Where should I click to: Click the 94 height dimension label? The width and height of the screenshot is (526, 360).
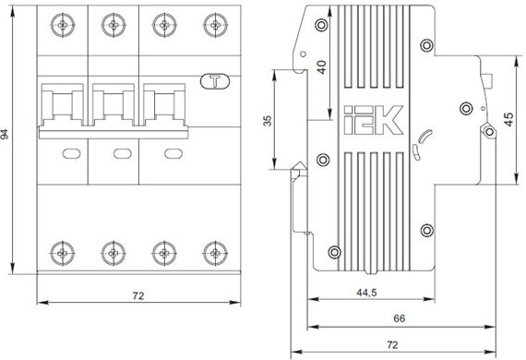click(x=4, y=134)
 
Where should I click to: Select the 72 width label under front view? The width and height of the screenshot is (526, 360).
click(x=138, y=295)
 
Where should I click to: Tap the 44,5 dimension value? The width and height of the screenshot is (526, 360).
click(x=366, y=293)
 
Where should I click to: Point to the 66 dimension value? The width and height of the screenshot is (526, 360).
click(x=400, y=318)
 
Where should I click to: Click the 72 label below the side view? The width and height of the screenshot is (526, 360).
click(x=392, y=345)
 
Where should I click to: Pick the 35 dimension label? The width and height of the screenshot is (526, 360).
click(x=268, y=121)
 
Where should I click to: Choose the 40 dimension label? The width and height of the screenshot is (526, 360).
click(x=322, y=67)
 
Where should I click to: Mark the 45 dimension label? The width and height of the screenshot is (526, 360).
click(x=508, y=119)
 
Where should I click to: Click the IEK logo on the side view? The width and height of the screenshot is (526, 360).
click(x=373, y=120)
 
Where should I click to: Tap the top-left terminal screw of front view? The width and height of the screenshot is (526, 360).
click(x=63, y=25)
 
